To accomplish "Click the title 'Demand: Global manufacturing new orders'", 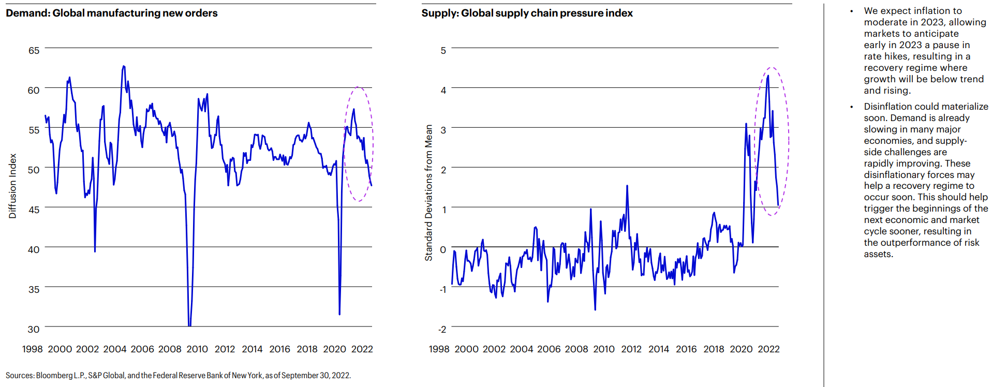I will click(x=112, y=13).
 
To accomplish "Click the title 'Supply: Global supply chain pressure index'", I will click(x=527, y=13).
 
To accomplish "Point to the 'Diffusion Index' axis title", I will click(x=13, y=186).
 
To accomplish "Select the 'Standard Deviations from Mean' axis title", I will click(x=428, y=192).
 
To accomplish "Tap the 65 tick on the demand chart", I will click(x=34, y=50).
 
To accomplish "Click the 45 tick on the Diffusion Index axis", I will click(x=34, y=210).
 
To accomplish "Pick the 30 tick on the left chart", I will click(x=34, y=329).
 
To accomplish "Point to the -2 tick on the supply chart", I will click(x=442, y=329).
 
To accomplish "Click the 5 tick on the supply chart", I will click(x=443, y=50).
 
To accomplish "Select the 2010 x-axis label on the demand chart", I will click(x=197, y=349).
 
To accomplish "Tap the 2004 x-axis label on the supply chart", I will click(x=521, y=349).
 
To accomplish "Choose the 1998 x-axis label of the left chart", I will click(x=32, y=349).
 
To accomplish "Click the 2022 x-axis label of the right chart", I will click(x=768, y=349).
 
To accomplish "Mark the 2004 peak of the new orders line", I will click(x=123, y=66).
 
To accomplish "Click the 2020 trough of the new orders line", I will click(x=339, y=314).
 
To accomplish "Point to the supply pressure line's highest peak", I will click(x=768, y=76).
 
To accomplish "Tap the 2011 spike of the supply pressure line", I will click(x=627, y=186).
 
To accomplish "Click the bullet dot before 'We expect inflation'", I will click(x=851, y=11).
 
